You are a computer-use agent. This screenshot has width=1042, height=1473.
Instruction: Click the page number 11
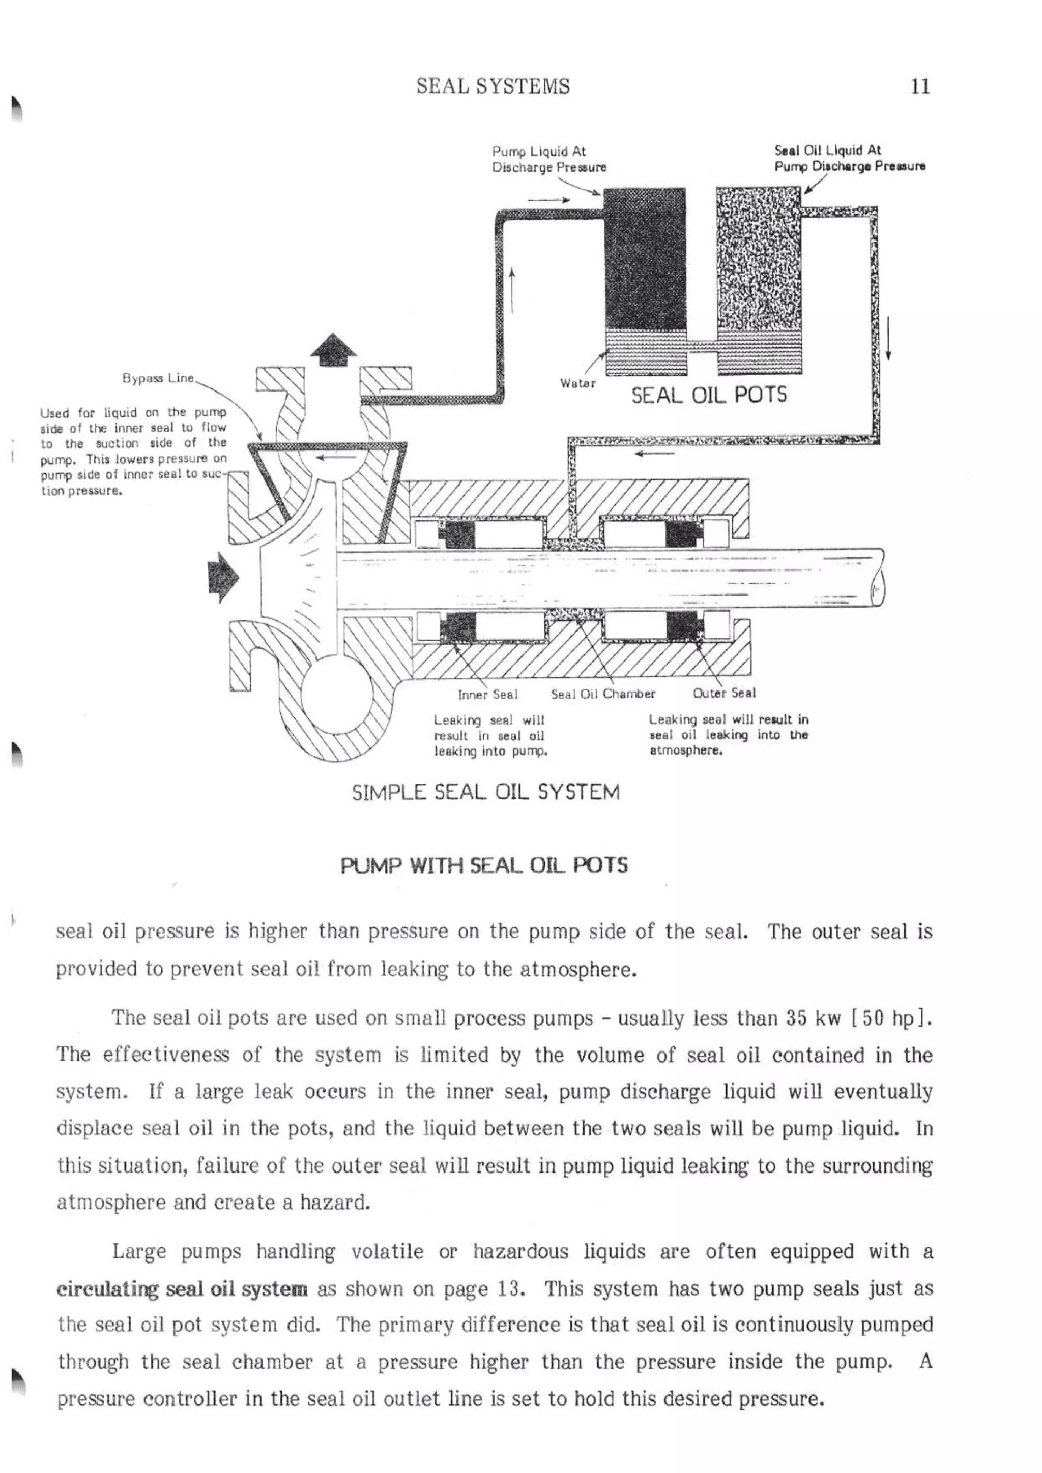[920, 86]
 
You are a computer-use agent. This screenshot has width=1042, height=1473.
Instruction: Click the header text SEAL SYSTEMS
[493, 86]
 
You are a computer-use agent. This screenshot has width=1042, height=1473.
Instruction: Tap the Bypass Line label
[158, 378]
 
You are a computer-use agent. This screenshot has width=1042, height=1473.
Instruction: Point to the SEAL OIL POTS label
[708, 395]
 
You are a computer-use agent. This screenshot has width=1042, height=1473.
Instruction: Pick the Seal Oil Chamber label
[603, 694]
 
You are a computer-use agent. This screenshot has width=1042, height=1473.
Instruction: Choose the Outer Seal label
[723, 693]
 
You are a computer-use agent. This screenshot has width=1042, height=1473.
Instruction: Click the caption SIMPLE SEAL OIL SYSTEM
[485, 792]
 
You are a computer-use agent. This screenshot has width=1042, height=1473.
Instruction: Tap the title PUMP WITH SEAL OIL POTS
[484, 865]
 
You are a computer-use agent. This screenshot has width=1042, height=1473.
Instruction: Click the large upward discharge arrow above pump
[333, 350]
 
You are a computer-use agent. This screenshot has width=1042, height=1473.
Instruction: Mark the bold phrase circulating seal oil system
[182, 1289]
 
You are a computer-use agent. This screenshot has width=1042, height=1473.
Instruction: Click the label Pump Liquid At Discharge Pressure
[548, 159]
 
